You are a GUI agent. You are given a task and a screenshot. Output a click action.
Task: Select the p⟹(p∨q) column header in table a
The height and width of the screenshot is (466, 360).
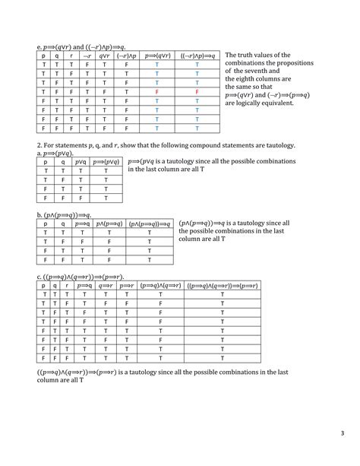pyautogui.click(x=106, y=162)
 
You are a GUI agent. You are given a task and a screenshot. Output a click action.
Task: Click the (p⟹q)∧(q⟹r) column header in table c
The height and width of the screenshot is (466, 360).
pyautogui.click(x=160, y=285)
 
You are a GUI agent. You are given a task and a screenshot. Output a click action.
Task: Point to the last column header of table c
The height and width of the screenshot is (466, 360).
pyautogui.click(x=223, y=285)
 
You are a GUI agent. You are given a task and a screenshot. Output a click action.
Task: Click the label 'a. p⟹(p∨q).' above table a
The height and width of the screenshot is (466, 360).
pyautogui.click(x=56, y=153)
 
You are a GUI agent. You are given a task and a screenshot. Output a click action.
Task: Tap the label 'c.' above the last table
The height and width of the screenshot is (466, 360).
pyautogui.click(x=39, y=276)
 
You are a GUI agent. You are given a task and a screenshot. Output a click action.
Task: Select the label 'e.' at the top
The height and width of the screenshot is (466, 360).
pyautogui.click(x=39, y=47)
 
